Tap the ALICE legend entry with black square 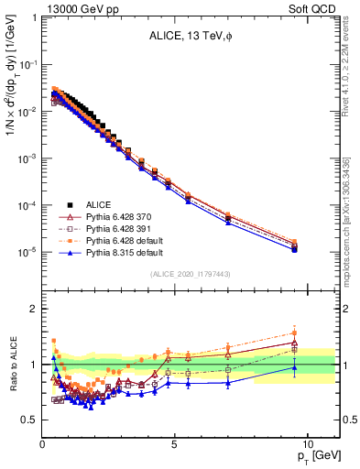click(105, 204)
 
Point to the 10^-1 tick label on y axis click(28, 65)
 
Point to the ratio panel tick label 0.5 click(30, 420)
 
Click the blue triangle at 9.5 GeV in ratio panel click(294, 367)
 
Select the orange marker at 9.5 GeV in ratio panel click(294, 333)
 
